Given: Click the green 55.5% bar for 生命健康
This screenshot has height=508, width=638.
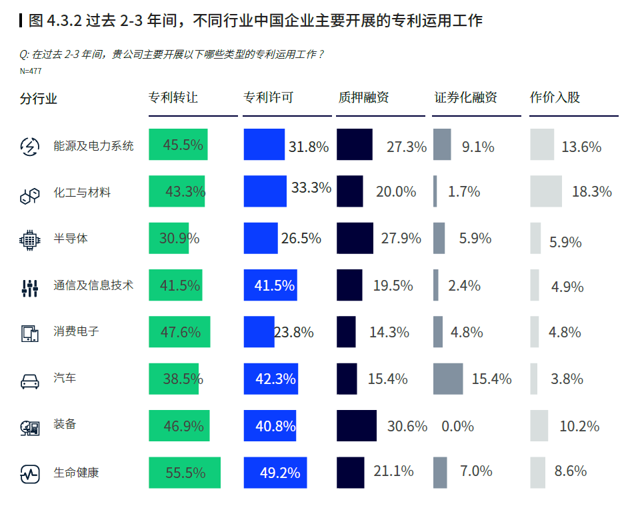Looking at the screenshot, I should coord(184,473).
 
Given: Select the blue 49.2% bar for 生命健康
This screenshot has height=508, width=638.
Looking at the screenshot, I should coord(275,473).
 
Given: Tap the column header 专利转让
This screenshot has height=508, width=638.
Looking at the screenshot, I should coord(173,97).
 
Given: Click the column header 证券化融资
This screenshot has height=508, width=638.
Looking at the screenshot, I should coord(466,97).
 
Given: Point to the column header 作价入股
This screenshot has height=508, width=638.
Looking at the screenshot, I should coord(555,97).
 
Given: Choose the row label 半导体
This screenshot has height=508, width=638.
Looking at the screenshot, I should coord(71,238).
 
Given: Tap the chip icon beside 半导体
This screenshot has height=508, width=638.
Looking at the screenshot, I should coord(30,239).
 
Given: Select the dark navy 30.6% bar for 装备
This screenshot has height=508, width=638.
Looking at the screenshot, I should coord(356,426).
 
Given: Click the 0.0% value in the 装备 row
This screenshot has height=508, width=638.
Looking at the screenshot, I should coord(457,426).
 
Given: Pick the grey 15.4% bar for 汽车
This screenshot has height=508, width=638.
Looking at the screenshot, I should coord(447,379).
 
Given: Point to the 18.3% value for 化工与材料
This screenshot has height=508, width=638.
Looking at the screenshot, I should coord(591,191).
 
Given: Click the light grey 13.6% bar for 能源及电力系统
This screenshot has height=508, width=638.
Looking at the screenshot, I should coord(542,145).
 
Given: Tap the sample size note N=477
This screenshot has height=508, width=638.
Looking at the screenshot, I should coord(31,71).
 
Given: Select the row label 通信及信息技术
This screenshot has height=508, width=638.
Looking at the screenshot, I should coord(94,285).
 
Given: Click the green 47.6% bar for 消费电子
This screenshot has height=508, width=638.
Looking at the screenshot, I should coord(179,332).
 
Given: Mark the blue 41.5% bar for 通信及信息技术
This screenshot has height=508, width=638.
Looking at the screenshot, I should coord(271,285).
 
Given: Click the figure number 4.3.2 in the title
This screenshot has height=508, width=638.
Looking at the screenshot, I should coord(65,21).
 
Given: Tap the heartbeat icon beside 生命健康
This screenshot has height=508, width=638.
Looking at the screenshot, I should coord(30,474).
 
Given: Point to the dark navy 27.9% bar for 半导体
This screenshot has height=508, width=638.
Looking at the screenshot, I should coord(355,238).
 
